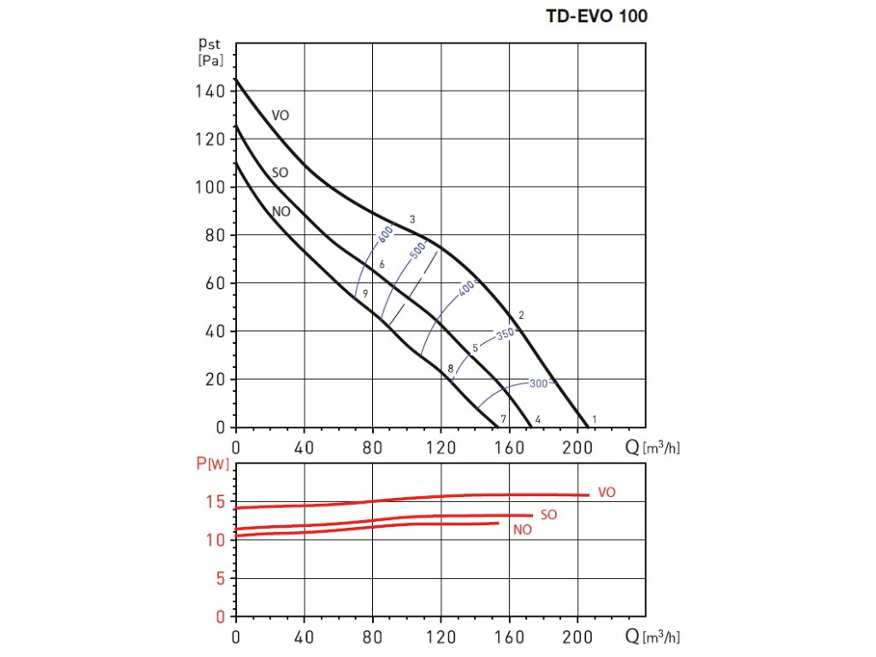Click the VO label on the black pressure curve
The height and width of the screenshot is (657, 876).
281,115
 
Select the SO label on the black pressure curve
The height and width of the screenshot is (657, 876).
280,173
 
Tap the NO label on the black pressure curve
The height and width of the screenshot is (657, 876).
281,210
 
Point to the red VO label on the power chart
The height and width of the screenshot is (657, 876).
607,493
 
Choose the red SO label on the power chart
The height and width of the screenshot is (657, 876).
549,516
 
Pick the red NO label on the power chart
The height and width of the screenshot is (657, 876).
522,530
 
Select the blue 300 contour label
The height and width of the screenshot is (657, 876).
537,383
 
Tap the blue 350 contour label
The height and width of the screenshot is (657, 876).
506,334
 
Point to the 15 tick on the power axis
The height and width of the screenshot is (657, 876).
216,501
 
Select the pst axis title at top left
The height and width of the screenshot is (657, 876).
209,50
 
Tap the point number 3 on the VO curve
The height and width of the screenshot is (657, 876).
412,220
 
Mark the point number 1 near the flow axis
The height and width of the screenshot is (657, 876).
595,418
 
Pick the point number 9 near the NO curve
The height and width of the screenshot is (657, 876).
365,293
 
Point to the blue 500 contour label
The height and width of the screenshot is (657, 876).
418,252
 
